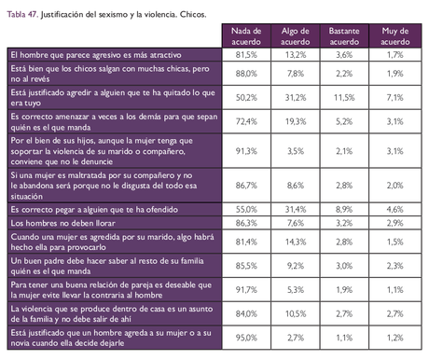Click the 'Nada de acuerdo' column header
[x=246, y=36]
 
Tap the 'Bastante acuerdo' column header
[x=345, y=36]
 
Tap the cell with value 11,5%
[x=345, y=97]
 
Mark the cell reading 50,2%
[x=246, y=97]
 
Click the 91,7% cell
[x=246, y=289]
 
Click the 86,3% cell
[x=246, y=224]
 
